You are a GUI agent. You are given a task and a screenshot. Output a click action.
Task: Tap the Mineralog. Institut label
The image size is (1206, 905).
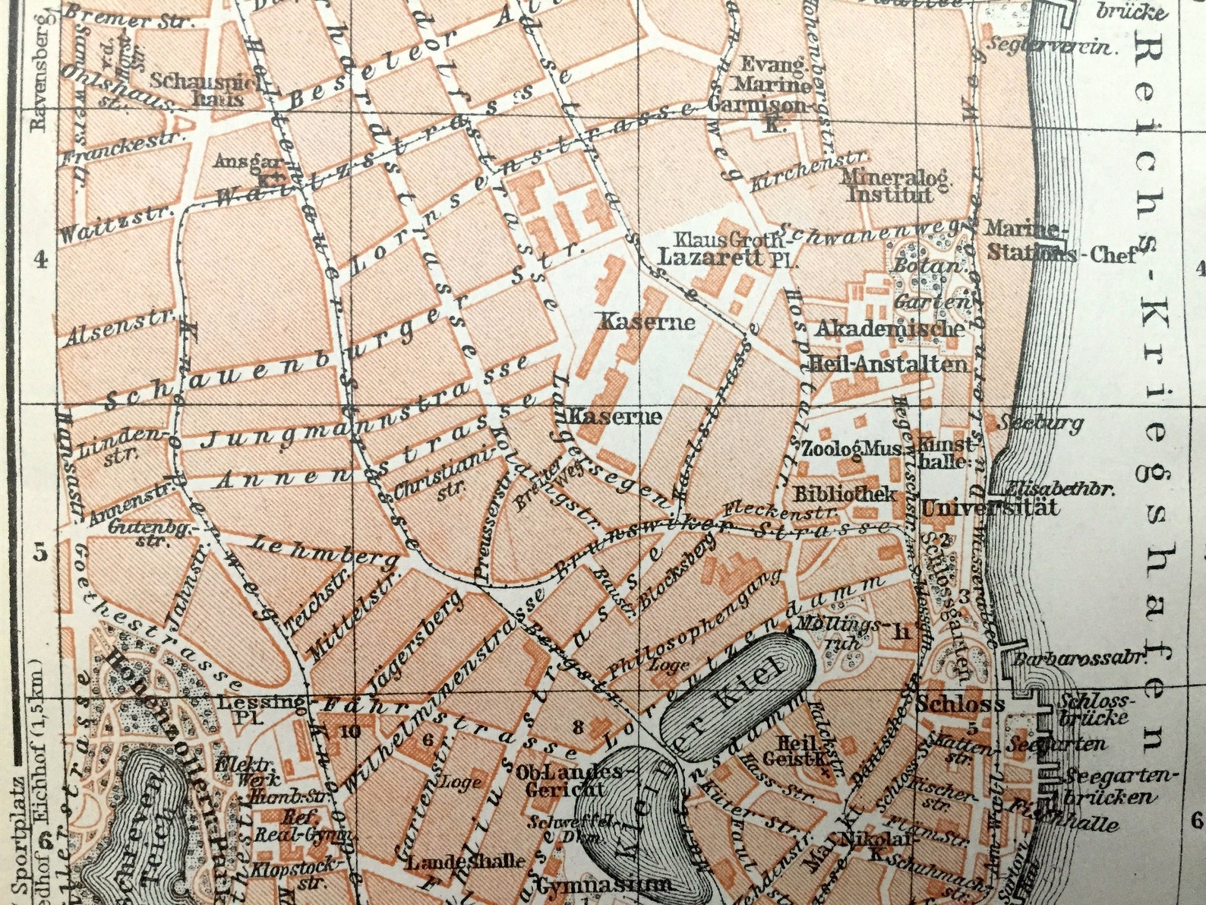click(895, 186)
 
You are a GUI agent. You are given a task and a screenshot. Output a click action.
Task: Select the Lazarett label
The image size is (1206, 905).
click(711, 256)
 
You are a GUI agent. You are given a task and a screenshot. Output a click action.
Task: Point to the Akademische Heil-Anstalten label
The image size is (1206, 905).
click(889, 346)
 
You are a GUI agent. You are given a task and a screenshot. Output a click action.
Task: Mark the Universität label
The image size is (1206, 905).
click(990, 508)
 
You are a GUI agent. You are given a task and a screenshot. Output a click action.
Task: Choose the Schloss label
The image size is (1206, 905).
click(961, 704)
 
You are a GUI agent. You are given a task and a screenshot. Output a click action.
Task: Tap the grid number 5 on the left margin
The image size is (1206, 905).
click(40, 552)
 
